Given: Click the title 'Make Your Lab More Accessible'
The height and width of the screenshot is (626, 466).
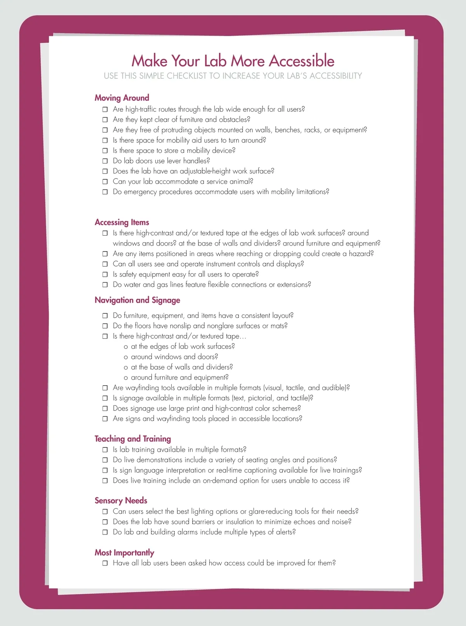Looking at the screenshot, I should (233, 61).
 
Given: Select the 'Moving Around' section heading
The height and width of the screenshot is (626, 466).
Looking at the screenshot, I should (122, 98).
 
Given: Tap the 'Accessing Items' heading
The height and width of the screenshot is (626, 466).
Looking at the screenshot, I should (122, 222).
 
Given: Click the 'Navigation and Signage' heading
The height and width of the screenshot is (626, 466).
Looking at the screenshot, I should (137, 300).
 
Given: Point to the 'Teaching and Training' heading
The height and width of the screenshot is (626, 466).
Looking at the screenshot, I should (133, 439).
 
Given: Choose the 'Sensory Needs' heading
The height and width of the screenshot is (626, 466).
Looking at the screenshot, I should (121, 501).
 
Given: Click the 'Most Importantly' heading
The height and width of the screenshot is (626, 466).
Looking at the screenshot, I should (124, 553).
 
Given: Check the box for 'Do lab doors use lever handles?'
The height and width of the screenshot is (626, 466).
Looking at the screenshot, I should (105, 161).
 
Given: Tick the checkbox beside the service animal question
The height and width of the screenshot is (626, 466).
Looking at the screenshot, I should (105, 182).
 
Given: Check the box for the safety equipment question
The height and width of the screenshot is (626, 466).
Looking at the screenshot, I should (105, 274).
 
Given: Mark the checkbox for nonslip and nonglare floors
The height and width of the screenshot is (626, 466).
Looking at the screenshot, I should (105, 326).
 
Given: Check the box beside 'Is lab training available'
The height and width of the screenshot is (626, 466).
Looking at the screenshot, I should (105, 450).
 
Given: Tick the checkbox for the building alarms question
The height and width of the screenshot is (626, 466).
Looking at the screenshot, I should (105, 532).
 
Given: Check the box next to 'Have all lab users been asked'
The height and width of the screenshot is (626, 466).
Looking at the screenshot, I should (105, 563).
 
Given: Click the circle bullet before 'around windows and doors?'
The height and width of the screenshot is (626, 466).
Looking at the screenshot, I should (126, 357).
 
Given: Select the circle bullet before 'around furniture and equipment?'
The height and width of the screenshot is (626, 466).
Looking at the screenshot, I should (126, 378).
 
